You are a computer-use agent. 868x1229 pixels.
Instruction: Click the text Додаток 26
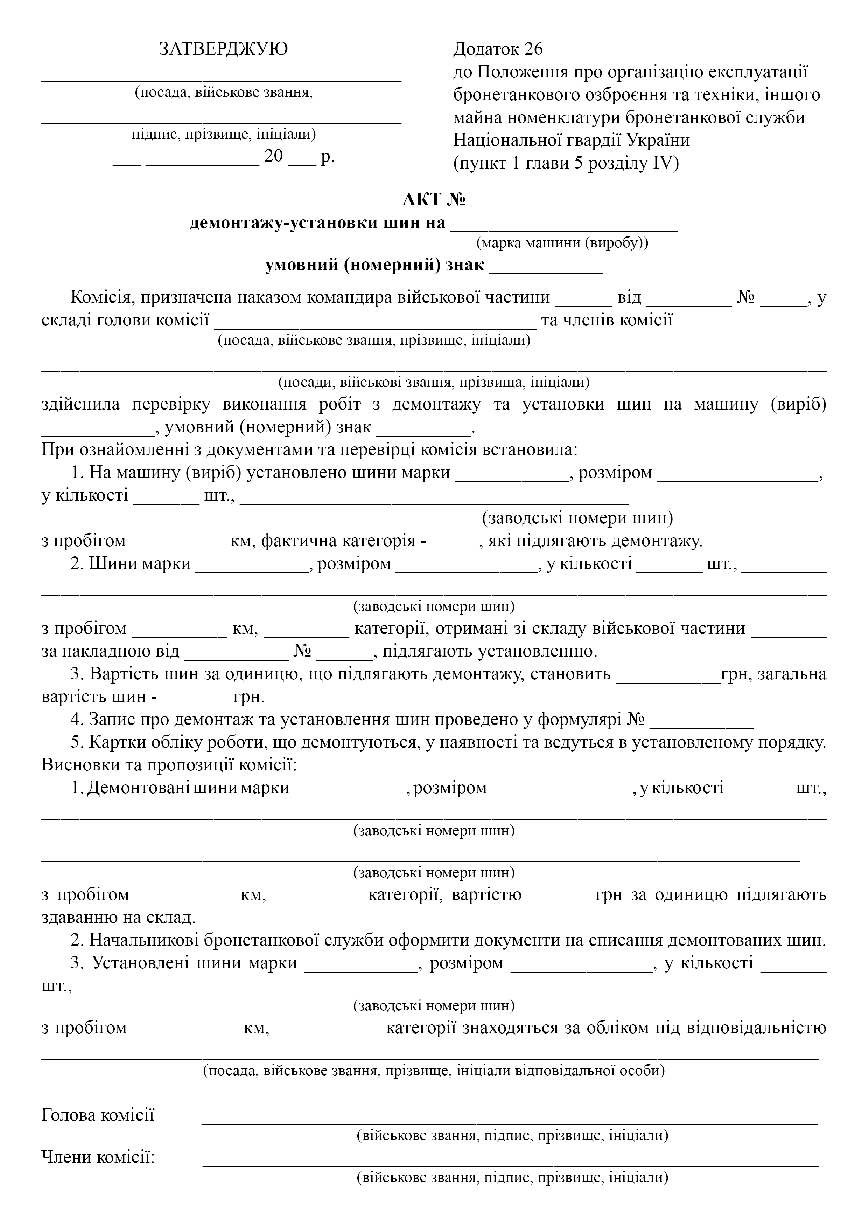[497, 49]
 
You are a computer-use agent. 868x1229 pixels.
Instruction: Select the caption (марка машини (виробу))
[562, 243]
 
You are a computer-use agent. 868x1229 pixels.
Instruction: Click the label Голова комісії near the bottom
[98, 1115]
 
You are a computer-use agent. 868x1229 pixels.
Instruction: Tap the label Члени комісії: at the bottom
[98, 1157]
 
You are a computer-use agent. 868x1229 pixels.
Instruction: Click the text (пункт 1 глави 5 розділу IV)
[566, 163]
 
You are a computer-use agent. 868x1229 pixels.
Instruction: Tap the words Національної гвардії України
[571, 140]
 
